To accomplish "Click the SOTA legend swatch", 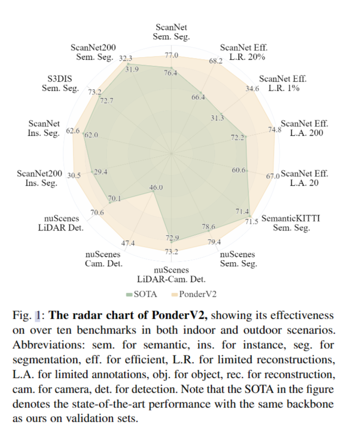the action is (129, 294).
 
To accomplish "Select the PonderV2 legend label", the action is (198, 294).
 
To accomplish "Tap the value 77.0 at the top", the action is (171, 55).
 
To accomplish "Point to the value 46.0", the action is (156, 187).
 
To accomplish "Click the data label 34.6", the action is (252, 88).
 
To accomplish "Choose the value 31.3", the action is (217, 118).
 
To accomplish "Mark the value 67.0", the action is (273, 176).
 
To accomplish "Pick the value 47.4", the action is (128, 243).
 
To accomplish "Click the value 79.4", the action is (214, 242).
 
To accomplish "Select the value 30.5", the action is (74, 175).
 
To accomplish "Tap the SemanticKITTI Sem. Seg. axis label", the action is (291, 223).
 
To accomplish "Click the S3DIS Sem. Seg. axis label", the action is (61, 84).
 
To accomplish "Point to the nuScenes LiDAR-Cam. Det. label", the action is (171, 274).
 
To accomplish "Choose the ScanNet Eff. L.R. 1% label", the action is (282, 84).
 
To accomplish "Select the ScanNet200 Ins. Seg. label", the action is (39, 178).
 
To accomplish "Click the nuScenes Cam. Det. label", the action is (104, 259).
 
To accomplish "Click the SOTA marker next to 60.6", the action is (247, 171).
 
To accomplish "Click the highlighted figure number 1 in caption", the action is (38, 316).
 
